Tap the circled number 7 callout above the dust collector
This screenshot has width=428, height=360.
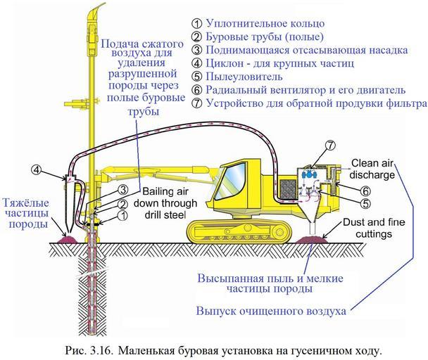click(x=329, y=146)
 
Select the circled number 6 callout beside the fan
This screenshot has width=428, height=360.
click(x=366, y=191)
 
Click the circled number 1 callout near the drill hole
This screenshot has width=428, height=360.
click(x=125, y=216)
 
